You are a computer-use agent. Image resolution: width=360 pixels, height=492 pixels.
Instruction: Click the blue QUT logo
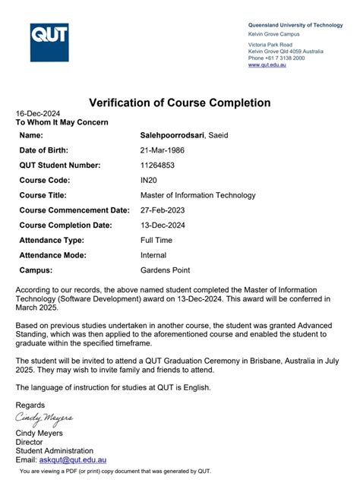click(x=49, y=43)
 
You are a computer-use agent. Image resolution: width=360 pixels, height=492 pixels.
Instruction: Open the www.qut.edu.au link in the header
click(x=267, y=65)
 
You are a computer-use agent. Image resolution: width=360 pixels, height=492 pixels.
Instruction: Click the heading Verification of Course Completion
click(x=179, y=102)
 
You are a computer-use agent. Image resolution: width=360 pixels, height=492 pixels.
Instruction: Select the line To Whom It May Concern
click(x=62, y=122)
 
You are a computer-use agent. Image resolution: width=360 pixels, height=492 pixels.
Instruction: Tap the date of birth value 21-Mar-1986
click(x=163, y=150)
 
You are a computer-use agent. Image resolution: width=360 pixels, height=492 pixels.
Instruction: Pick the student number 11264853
click(x=158, y=166)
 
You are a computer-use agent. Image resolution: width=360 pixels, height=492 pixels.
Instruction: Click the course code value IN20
click(x=150, y=181)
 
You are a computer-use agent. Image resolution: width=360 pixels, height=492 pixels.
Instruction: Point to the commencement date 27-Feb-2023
click(x=163, y=210)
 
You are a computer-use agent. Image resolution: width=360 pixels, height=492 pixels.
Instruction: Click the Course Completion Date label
click(x=65, y=225)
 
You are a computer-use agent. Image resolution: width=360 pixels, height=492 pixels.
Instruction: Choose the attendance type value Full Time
click(x=156, y=240)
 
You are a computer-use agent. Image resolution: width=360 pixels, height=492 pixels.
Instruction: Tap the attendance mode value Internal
click(x=153, y=255)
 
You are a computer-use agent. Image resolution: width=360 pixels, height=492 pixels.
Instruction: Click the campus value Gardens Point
click(x=165, y=270)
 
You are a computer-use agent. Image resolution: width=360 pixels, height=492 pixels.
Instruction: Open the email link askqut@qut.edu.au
click(x=72, y=460)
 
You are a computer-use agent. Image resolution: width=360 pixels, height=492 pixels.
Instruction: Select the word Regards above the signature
click(x=30, y=405)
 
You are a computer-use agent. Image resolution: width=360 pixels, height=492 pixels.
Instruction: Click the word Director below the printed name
click(x=29, y=442)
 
